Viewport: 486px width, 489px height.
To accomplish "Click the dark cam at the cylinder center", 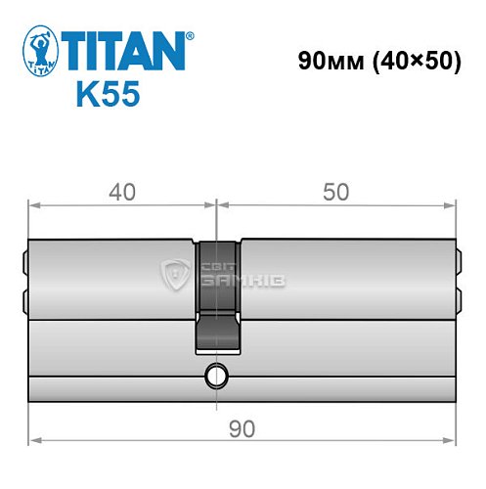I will [x=217, y=293].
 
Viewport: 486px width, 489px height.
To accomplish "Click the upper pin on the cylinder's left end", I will [x=24, y=263].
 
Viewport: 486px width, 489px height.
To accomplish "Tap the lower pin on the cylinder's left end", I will [x=24, y=297].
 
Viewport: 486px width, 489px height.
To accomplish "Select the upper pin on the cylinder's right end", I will [x=457, y=263].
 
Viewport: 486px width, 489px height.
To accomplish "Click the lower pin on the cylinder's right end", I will [x=457, y=297].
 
